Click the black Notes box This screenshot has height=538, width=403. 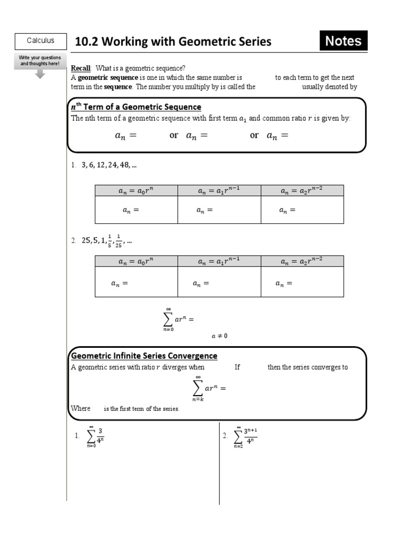pos(343,41)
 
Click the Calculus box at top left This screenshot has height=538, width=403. pos(40,41)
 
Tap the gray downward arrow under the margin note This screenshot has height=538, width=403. pos(40,74)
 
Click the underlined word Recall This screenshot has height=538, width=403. pos(81,68)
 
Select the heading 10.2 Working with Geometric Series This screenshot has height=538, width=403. pos(173,42)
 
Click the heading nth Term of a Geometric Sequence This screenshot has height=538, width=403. pos(136,107)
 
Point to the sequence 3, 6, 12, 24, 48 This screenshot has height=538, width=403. pos(109,165)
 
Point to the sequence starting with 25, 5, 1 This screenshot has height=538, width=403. pos(107,241)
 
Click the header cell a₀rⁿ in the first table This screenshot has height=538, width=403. pos(136,191)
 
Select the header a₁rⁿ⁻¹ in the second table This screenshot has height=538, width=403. pos(219,261)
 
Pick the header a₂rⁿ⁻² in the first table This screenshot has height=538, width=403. pos(302,191)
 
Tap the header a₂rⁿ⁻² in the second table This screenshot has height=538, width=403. pos(302,261)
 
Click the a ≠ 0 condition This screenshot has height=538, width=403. pos(219,336)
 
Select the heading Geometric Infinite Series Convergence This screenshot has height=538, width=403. pos(144,356)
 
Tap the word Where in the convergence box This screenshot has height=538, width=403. pos(80,408)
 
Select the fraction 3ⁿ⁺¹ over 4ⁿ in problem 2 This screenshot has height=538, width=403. pos(250,436)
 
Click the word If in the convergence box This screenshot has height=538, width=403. pos(237,367)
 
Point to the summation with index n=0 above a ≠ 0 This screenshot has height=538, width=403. pos(177,319)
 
